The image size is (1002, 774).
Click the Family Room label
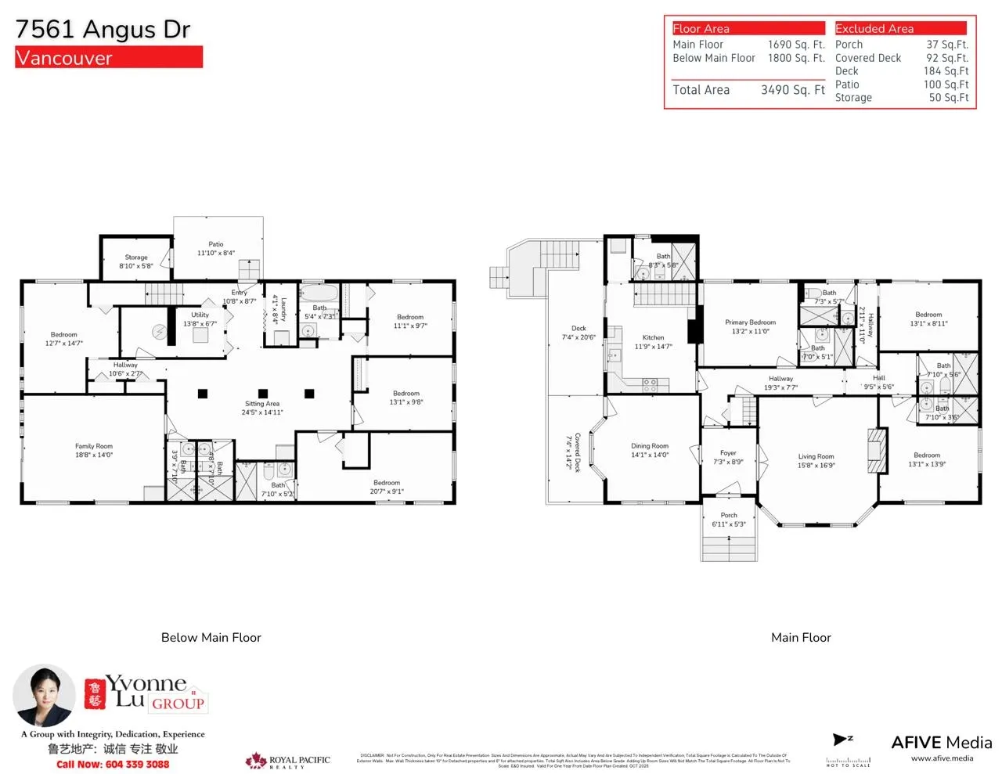pos(94,446)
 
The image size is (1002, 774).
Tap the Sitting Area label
pos(261,404)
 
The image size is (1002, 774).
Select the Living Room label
pos(816,456)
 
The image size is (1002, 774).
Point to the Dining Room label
pos(650,446)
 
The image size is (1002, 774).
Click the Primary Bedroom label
pos(750,322)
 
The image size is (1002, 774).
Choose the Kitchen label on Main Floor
pos(653,338)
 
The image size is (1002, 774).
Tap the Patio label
pos(215,244)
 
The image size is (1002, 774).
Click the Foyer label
pos(728,453)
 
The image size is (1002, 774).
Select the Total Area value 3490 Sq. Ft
pos(792,90)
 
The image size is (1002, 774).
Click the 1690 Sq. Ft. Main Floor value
pos(795,45)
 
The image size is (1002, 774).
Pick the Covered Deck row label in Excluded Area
pos(867,58)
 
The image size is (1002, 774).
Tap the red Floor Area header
pos(748,28)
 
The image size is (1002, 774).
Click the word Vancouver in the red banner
pos(64,58)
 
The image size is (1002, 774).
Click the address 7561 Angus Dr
pos(103,29)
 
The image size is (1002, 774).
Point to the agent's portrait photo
pos(44,695)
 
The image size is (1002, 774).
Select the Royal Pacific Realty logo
pos(287,761)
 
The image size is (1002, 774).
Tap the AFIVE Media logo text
pos(941,743)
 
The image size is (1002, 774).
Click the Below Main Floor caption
pos(211,638)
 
